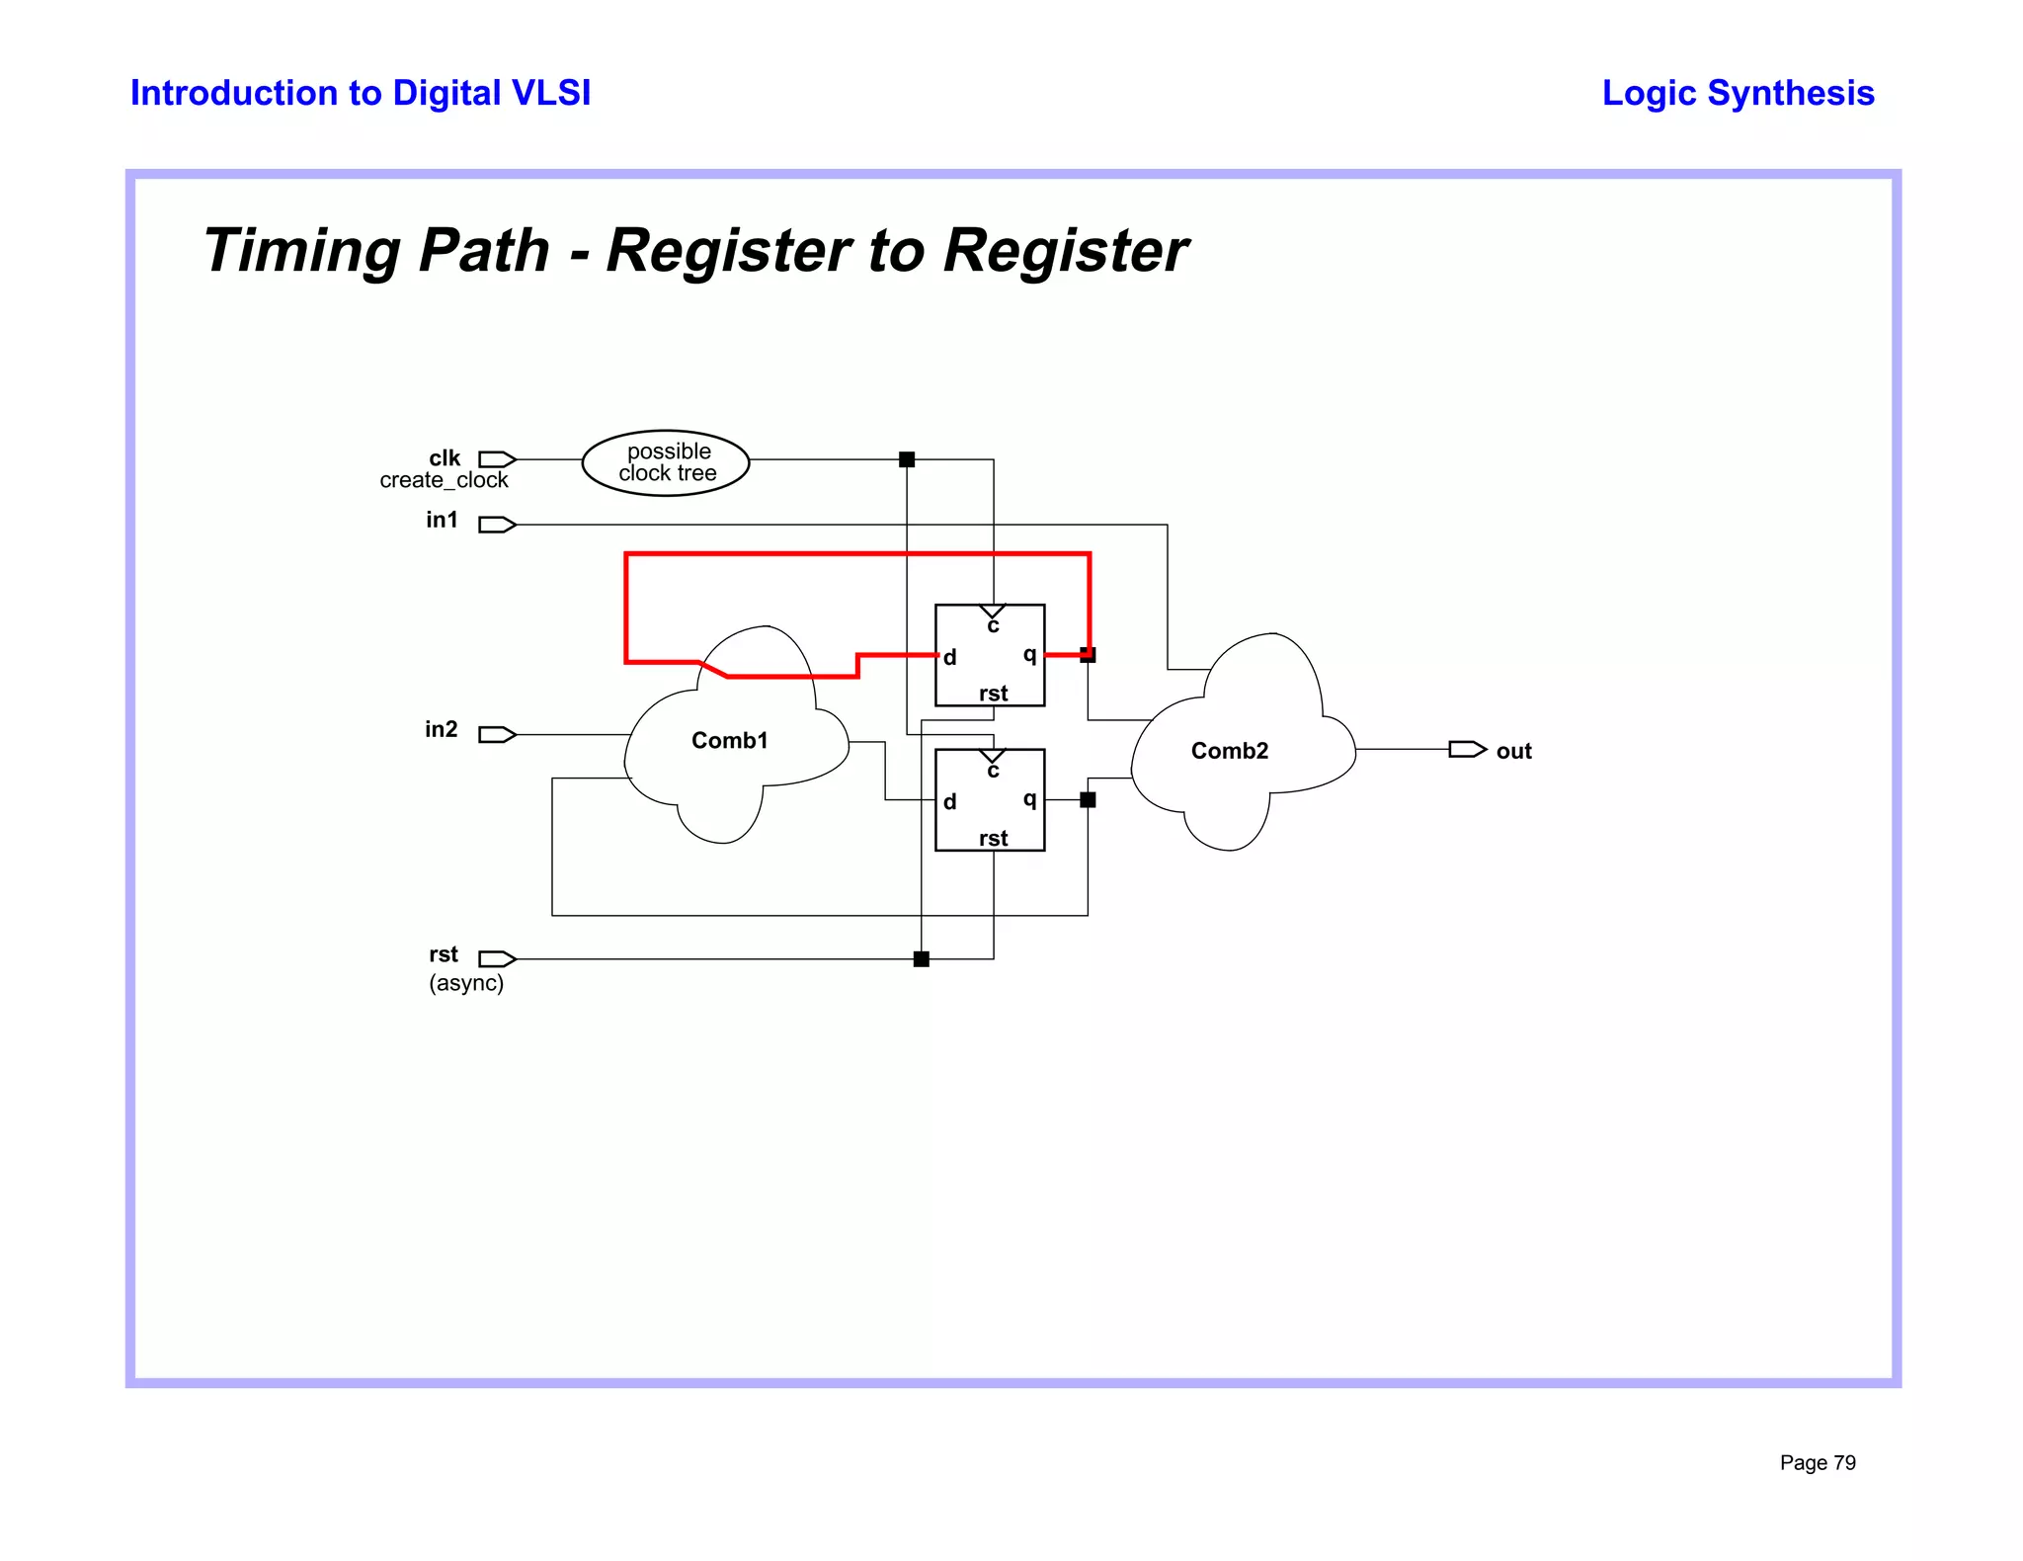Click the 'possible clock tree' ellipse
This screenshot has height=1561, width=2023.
666,462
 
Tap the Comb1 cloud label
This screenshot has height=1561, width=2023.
729,740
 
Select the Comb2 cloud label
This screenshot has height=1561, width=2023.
1229,751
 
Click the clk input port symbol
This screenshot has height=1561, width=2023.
497,459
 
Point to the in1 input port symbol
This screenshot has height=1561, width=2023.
497,525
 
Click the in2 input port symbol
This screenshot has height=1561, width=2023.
497,734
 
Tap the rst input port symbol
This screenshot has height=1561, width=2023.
497,958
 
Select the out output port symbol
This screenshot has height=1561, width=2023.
1467,750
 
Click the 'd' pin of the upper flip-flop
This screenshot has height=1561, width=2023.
949,658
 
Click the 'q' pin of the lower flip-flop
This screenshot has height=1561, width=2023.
1029,799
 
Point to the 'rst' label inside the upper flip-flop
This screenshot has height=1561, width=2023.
993,694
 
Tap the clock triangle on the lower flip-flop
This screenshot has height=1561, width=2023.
993,757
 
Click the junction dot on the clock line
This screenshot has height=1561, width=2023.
907,459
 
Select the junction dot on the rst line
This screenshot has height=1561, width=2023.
922,958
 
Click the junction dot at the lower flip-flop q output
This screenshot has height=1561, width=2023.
1088,800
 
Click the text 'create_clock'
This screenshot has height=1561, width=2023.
444,481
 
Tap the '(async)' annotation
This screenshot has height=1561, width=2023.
466,983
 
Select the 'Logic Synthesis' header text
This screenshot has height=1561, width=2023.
1738,93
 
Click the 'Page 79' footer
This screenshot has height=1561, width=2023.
1818,1463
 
